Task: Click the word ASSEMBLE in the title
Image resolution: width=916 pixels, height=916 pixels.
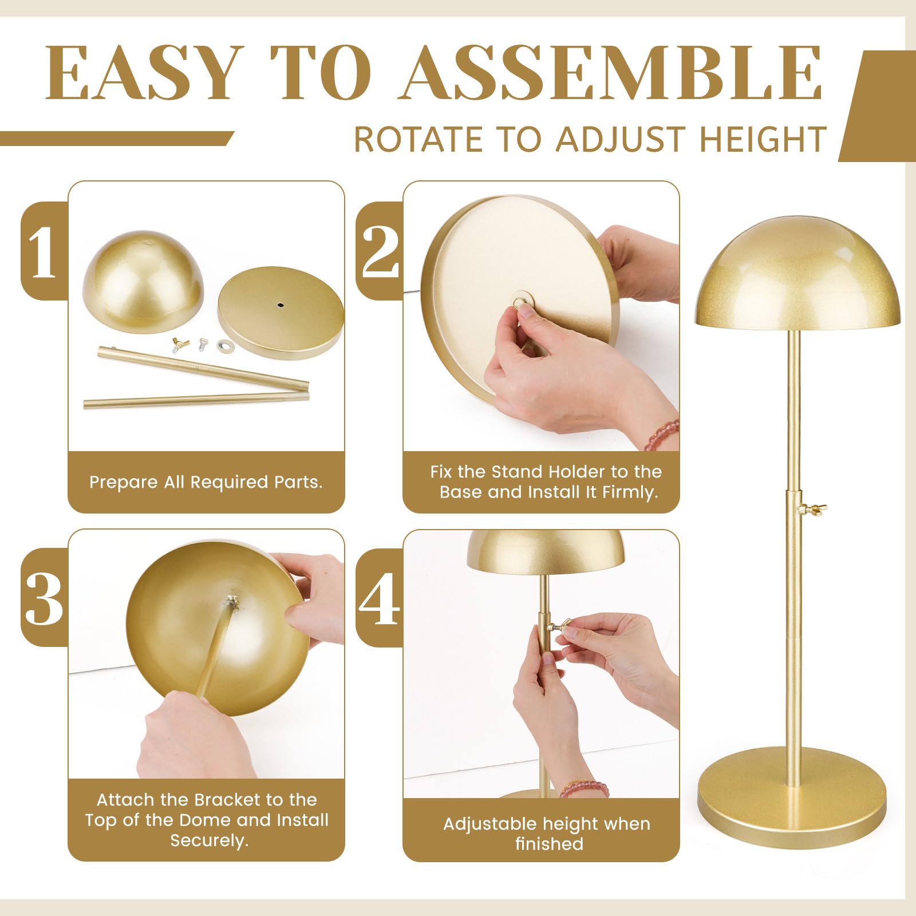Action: point(613,72)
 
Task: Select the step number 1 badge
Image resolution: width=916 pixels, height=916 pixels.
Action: point(44,251)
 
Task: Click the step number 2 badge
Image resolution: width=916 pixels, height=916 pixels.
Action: point(380,251)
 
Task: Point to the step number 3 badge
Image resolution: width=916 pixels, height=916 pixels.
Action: point(44,597)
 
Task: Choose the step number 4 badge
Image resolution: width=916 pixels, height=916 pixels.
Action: point(380,597)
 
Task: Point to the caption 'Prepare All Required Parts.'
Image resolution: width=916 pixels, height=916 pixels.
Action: point(206,482)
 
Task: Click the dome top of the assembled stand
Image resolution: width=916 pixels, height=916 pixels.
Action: point(797,273)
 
